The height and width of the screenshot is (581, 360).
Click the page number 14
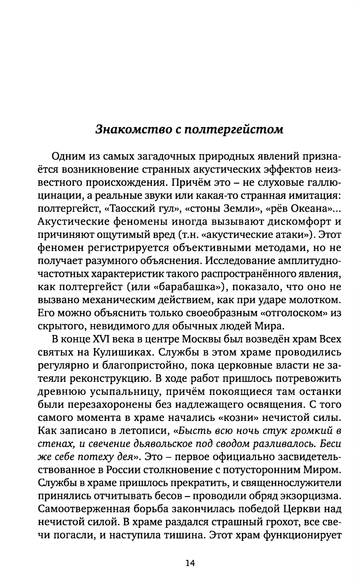point(190,563)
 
